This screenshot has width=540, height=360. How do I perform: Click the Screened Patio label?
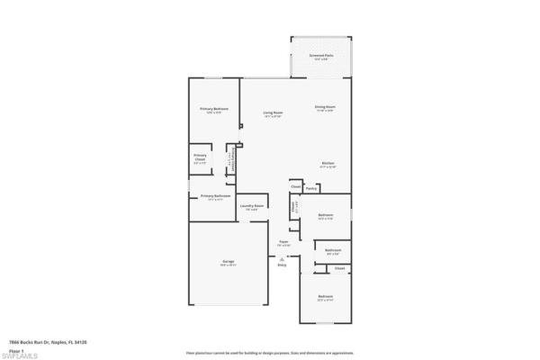pyautogui.click(x=321, y=56)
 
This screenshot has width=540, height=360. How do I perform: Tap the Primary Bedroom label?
pyautogui.click(x=213, y=108)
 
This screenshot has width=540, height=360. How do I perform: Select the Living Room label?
pyautogui.click(x=273, y=112)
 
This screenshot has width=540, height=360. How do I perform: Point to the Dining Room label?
pyautogui.click(x=325, y=106)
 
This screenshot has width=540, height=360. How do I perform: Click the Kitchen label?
pyautogui.click(x=328, y=163)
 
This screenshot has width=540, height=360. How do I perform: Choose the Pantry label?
pyautogui.click(x=310, y=189)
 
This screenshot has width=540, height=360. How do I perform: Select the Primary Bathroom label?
pyautogui.click(x=215, y=196)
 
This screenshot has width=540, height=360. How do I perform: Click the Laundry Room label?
pyautogui.click(x=252, y=206)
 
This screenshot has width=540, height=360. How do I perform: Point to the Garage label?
pyautogui.click(x=229, y=262)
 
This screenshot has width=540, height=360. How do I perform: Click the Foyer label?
pyautogui.click(x=283, y=241)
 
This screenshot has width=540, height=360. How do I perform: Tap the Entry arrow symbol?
pyautogui.click(x=282, y=258)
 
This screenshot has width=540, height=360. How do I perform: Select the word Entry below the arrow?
pyautogui.click(x=282, y=265)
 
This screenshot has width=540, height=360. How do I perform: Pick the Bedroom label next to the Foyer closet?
pyautogui.click(x=327, y=215)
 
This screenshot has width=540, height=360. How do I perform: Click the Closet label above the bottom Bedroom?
pyautogui.click(x=339, y=268)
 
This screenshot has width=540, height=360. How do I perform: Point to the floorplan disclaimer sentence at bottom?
pyautogui.click(x=269, y=353)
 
